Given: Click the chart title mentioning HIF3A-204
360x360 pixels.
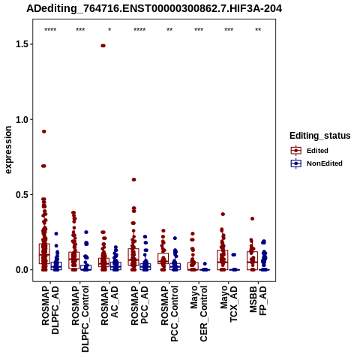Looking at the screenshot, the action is pos(154,8).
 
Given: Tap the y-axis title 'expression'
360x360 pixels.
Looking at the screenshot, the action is pos(8,150).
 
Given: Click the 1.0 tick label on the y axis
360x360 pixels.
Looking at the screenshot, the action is pos(21,119).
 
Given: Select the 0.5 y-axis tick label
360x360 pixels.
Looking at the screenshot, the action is pos(21,195).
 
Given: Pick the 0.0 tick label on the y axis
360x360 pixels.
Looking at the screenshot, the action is pos(21,270).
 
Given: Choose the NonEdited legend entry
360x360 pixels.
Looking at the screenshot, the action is pos(316,163).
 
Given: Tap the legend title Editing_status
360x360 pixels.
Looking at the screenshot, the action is pos(320,136).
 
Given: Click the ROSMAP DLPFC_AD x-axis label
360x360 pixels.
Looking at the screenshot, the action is pos(50,310).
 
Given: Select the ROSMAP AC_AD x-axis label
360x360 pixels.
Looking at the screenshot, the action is pos(109,305).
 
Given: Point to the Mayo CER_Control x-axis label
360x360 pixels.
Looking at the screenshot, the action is pos(199,313).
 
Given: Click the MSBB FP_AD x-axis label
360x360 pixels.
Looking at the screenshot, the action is pos(258,301).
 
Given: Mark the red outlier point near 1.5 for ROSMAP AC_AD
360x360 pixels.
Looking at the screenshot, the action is pos(103,46).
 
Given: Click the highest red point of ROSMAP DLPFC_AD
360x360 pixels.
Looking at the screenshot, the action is pos(44,131).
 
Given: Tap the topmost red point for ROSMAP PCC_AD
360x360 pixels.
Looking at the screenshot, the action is pos(133,179).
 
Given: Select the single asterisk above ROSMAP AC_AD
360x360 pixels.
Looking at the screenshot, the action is pos(109,30).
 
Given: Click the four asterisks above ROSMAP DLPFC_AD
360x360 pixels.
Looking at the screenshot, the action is pos(50,30).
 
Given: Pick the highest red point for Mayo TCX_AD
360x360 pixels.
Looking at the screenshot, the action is pos(223,214).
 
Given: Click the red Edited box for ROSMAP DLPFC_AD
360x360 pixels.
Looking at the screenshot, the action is pos(44,253).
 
